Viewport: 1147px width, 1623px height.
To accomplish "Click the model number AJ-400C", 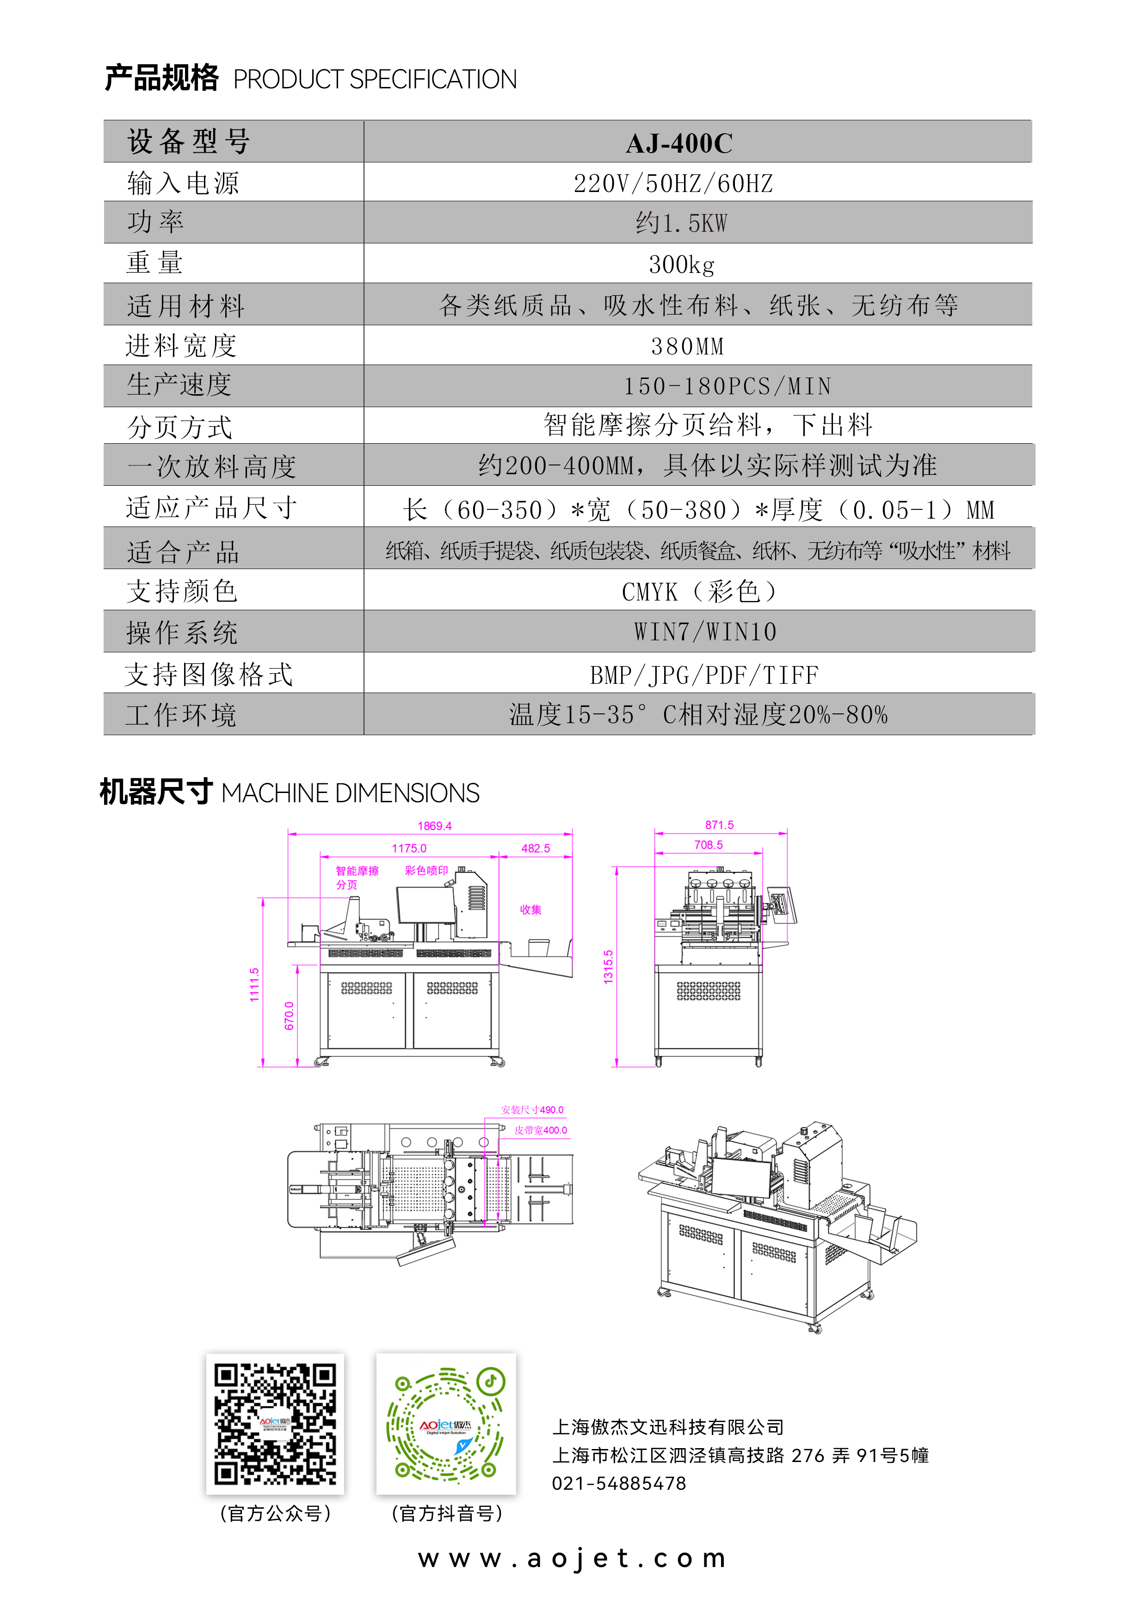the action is (679, 143).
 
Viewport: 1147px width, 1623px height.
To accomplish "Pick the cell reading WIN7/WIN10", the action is (705, 631).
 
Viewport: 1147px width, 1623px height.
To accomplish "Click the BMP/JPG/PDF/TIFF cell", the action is (704, 675).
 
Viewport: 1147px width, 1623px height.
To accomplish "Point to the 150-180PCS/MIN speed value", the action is (727, 386).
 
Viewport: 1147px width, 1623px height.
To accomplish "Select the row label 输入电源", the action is (183, 183).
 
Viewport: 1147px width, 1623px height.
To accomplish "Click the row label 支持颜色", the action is (182, 591).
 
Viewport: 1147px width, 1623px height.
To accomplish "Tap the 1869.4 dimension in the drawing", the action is (435, 826).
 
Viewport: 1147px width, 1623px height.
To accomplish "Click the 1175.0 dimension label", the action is (409, 848).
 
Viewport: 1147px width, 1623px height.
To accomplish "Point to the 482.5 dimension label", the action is (536, 848).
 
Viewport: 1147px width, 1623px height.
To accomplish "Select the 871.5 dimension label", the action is (720, 825).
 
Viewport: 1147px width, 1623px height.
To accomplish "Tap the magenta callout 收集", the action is (531, 909).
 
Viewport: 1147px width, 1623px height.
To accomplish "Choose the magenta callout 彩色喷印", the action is (426, 870).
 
